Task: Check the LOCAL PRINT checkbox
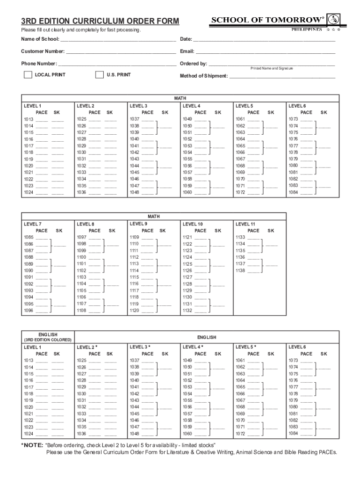(x=28, y=75)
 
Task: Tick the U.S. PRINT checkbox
(x=99, y=75)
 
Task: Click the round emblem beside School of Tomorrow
(x=333, y=20)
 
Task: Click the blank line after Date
(x=264, y=39)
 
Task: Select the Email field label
(x=187, y=51)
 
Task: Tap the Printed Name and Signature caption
(x=272, y=68)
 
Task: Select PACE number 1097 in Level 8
(x=81, y=237)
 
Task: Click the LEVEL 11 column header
(x=245, y=224)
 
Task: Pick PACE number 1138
(x=240, y=270)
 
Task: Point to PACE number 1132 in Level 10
(x=187, y=311)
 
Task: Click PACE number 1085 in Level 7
(x=29, y=237)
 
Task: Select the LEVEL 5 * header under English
(x=246, y=347)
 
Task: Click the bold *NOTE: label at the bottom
(x=32, y=445)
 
